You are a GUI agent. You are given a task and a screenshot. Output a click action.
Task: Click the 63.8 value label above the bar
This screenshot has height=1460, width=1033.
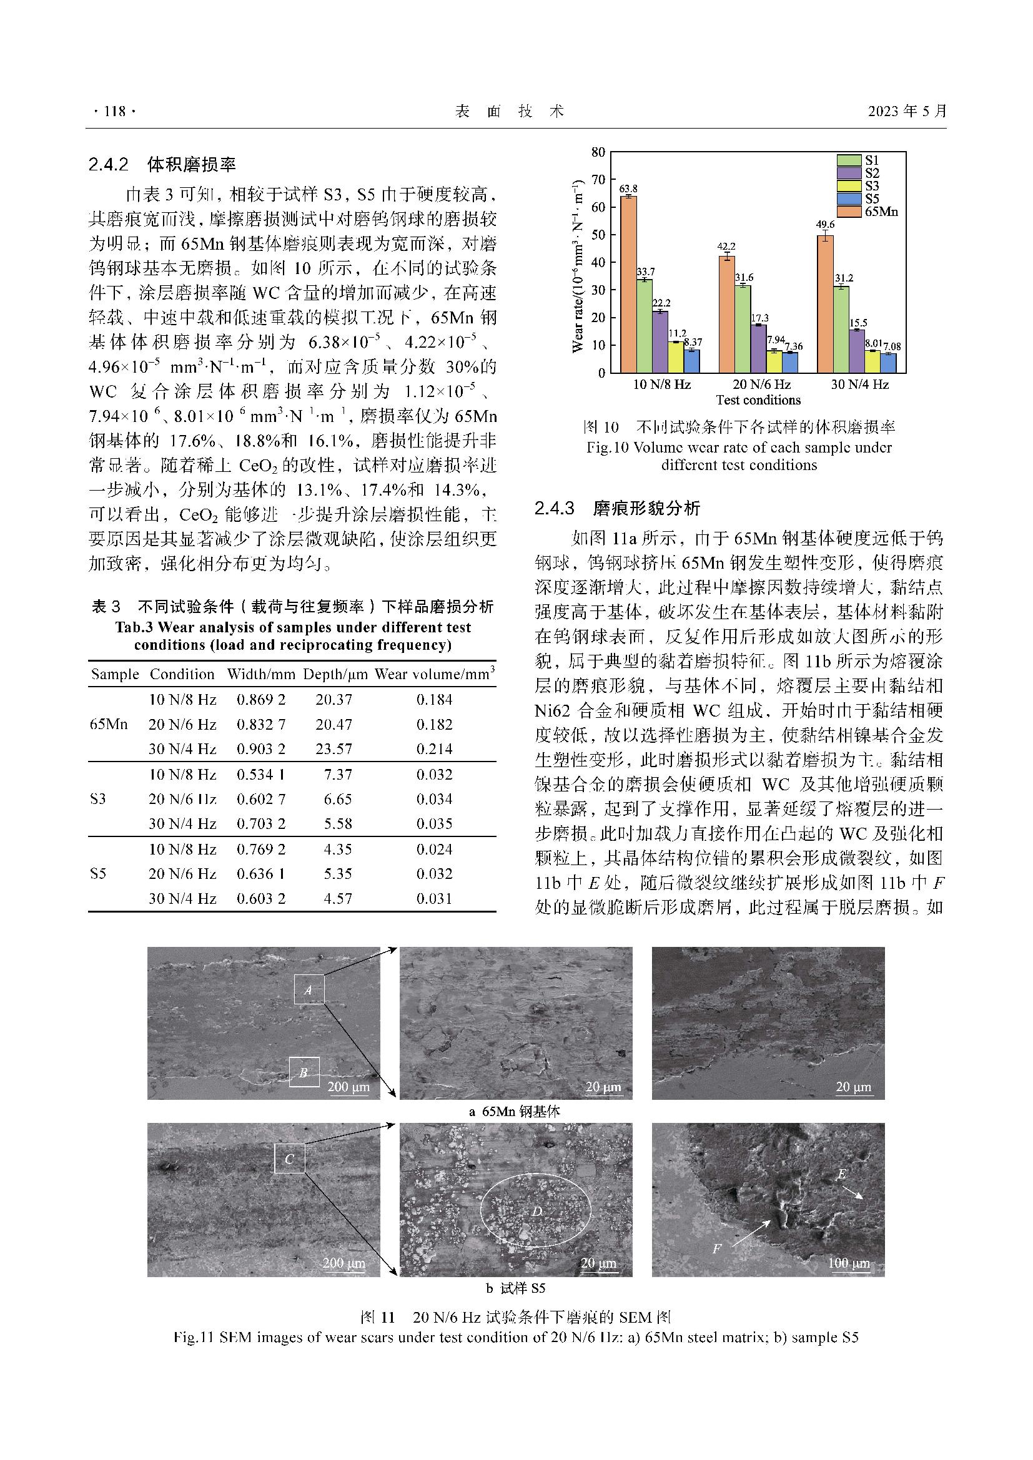628,189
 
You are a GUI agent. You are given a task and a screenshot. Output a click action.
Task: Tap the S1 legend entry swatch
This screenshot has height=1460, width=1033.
849,160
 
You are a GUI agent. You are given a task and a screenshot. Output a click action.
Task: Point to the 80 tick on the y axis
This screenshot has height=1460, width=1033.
598,152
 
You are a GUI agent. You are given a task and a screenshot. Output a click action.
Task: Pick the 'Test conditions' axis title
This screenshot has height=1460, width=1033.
758,400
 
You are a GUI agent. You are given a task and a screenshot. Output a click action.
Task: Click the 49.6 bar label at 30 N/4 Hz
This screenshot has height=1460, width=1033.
824,225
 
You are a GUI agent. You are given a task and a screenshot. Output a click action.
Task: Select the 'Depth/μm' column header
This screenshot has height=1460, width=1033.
335,674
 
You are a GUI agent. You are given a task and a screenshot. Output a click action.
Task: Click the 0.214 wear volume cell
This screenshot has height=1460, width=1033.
435,748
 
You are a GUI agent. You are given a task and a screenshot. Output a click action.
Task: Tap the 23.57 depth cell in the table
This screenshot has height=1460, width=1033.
334,748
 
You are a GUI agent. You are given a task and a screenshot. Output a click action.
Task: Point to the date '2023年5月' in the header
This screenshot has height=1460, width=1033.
907,111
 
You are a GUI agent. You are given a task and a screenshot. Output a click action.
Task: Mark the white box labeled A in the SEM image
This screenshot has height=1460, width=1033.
309,990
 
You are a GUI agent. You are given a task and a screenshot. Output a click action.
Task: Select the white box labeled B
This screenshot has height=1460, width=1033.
304,1072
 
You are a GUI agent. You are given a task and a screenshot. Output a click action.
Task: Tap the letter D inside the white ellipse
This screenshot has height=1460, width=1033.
536,1212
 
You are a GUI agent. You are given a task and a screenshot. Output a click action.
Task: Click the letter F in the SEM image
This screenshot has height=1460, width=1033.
716,1249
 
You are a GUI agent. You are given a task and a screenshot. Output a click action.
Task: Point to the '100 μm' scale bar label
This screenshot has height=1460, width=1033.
849,1263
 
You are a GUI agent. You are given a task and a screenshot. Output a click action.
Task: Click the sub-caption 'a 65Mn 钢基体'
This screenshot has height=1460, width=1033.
515,1112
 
